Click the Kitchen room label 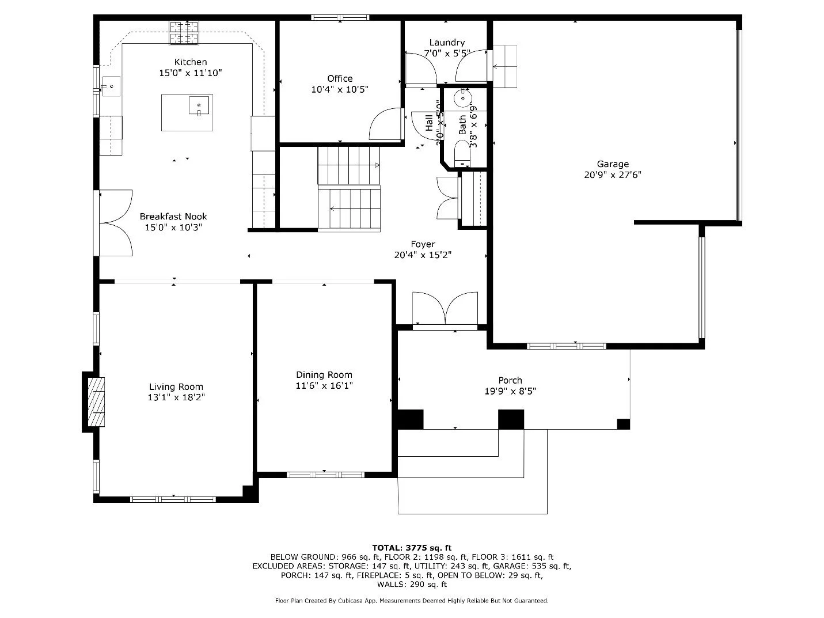point(191,62)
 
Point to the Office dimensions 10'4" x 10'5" point(340,89)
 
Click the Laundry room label point(447,43)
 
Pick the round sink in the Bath point(462,98)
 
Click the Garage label point(613,164)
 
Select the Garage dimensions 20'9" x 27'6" point(613,175)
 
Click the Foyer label point(423,244)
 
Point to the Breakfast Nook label point(173,217)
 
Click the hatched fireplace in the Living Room point(96,402)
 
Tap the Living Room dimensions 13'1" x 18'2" point(176,397)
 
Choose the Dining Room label point(324,375)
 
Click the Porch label point(510,380)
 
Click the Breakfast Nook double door point(117,223)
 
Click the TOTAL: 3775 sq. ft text point(412,548)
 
